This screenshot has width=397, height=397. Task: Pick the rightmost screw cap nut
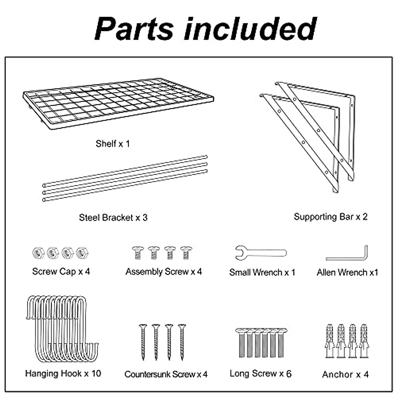point(82,253)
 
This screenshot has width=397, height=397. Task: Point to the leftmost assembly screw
point(137,252)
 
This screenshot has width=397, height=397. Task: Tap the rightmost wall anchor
point(364,341)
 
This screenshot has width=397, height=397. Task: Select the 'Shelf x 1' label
point(113,144)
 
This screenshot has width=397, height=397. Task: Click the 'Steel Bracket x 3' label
point(113,218)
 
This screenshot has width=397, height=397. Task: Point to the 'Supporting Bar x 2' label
point(331,217)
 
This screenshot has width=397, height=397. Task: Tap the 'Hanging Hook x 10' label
point(63,374)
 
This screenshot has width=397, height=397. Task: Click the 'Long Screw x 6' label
point(261,374)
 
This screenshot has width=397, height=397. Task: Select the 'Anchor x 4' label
point(345,375)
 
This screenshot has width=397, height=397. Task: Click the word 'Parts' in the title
point(134,29)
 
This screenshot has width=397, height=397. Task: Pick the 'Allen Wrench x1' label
point(347,272)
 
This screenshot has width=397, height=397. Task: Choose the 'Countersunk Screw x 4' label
point(166,375)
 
